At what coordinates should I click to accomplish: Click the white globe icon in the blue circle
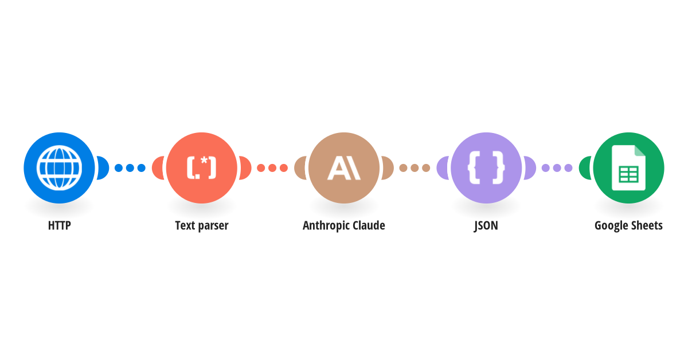click(59, 168)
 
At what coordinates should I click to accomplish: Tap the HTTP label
click(59, 225)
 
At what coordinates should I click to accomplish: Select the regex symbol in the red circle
click(201, 168)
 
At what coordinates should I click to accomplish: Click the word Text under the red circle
click(185, 225)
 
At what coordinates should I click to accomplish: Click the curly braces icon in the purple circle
click(486, 168)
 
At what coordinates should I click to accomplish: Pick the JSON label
click(486, 226)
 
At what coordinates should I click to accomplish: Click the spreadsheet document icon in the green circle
click(628, 168)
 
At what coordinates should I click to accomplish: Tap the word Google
click(609, 226)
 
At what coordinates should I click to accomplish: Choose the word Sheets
click(644, 225)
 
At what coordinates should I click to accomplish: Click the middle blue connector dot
click(130, 168)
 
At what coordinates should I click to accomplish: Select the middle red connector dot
click(272, 168)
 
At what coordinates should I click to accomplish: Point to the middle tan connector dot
click(415, 168)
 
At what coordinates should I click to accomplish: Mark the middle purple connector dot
click(557, 168)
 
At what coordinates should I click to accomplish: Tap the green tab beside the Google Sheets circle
click(585, 168)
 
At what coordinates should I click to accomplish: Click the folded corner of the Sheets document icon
click(640, 151)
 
